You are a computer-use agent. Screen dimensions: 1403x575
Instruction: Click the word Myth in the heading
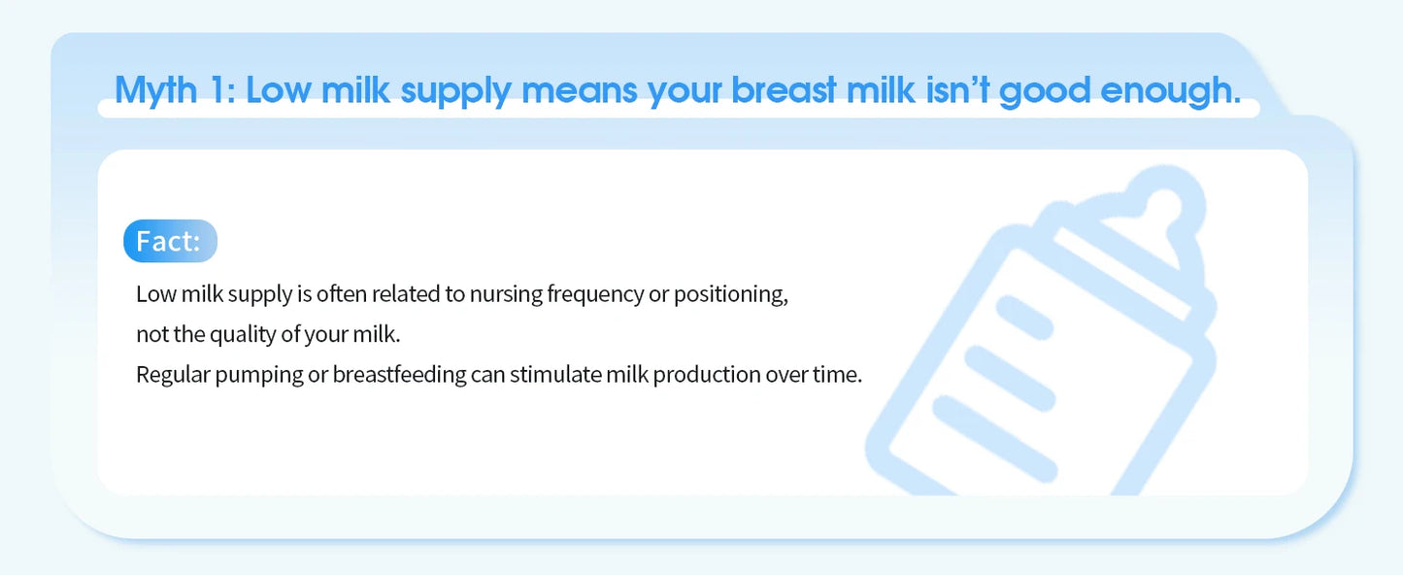[156, 90]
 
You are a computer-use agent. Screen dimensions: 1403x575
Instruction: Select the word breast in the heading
[784, 89]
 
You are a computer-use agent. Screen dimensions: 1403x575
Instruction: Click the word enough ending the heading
[1170, 91]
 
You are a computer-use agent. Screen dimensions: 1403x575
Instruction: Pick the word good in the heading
[1045, 91]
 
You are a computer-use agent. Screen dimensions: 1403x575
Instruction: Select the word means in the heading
[580, 90]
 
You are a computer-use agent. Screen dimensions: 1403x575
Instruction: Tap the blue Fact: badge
[170, 241]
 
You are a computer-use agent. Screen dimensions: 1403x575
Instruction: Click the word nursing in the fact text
[506, 294]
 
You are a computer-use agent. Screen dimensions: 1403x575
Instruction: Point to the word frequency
[595, 294]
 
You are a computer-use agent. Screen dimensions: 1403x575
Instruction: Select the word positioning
[730, 294]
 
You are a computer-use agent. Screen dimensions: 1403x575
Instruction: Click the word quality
[243, 334]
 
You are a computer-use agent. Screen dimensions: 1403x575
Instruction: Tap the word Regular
[173, 375]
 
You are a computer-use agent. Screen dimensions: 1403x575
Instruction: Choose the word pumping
[258, 375]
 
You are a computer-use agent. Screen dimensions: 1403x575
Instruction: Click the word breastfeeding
[399, 375]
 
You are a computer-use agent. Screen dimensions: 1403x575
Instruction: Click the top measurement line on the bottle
[1024, 317]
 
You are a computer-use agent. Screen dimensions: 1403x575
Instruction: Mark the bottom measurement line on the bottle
[994, 438]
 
